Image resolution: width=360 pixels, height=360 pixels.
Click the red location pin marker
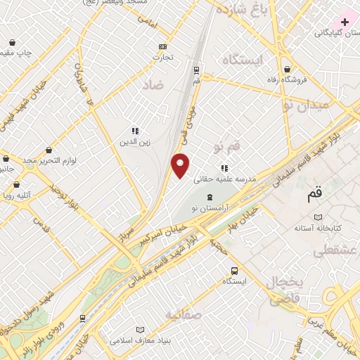pos(181,165)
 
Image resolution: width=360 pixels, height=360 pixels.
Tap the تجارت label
pos(163,58)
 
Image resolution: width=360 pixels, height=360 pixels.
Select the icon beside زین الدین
pos(134,130)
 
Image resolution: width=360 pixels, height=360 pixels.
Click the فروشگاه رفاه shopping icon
pos(288,69)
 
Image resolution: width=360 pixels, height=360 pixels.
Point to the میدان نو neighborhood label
pos(304,106)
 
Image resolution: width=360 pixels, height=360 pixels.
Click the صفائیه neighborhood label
pos(184,314)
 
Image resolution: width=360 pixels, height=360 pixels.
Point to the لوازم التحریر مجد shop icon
pos(49,150)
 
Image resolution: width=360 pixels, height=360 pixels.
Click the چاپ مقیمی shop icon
pos(12,42)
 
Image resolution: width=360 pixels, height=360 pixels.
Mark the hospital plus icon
pos(345,22)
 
